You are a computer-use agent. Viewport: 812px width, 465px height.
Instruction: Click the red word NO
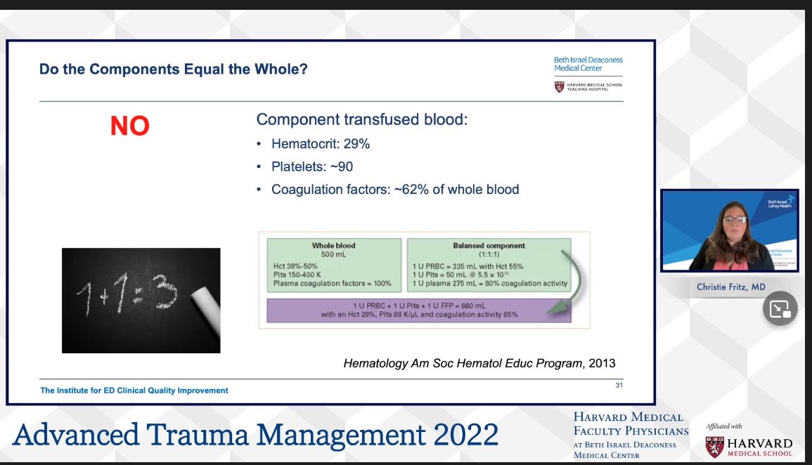tap(129, 126)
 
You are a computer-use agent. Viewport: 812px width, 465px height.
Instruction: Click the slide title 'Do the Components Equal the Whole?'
tap(174, 69)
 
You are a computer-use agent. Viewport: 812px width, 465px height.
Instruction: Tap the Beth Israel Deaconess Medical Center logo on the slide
tap(588, 64)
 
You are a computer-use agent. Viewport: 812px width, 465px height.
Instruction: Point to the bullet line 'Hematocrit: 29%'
tap(321, 144)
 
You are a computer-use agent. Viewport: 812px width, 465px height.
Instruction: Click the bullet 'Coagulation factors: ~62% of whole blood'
tap(395, 189)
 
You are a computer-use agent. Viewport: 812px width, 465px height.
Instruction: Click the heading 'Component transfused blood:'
tap(361, 119)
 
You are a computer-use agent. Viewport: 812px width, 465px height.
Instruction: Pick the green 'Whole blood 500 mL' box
tap(333, 266)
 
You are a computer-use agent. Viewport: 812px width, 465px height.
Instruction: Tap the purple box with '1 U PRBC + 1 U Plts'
tap(419, 310)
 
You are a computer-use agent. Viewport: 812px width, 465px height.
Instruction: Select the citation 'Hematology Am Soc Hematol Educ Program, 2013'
tap(479, 363)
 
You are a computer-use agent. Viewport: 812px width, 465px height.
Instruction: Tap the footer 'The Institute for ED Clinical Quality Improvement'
tap(134, 391)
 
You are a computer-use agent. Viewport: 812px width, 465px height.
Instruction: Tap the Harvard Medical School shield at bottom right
tap(714, 447)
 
